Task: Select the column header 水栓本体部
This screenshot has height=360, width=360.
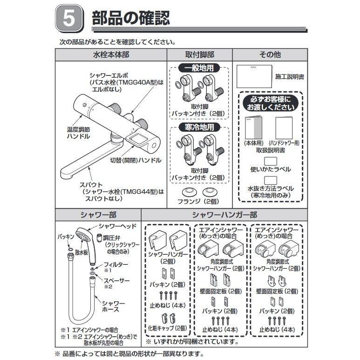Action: [111, 54]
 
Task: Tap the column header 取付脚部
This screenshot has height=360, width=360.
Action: [199, 54]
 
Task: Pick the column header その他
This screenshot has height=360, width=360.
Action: [270, 54]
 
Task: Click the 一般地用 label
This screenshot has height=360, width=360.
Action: [199, 68]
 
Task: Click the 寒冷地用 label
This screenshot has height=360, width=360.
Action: [199, 128]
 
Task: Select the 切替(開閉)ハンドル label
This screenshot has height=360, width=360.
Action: [136, 160]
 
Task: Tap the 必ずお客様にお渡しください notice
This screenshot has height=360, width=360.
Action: [270, 103]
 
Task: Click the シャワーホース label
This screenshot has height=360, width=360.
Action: [110, 306]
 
